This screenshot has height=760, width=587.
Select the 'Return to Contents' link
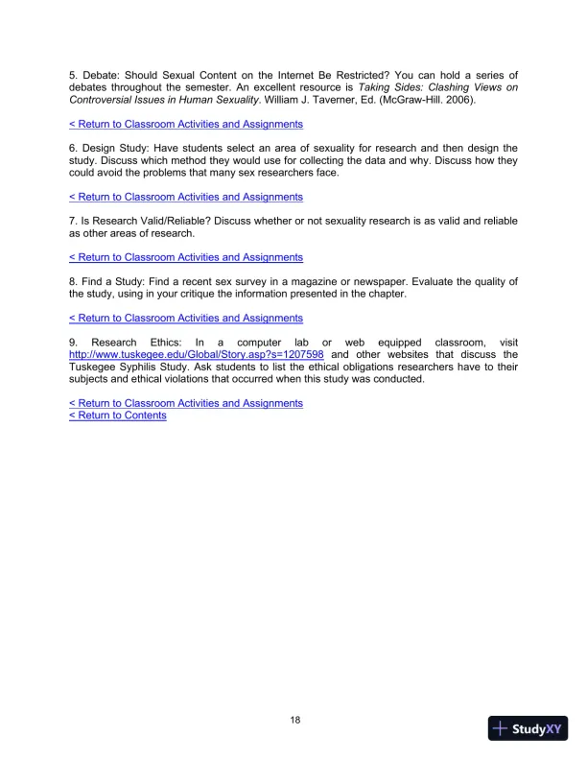click(x=118, y=416)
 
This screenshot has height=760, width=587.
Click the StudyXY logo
click(x=528, y=728)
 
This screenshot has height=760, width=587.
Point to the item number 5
click(x=73, y=75)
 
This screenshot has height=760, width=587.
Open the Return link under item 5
click(x=186, y=124)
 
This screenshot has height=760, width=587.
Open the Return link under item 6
click(x=186, y=197)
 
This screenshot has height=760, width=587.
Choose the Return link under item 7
click(x=186, y=257)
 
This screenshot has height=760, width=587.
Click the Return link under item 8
click(x=186, y=318)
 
